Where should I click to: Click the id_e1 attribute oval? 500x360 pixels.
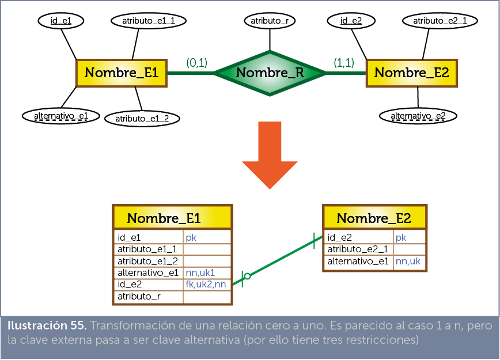[61, 21]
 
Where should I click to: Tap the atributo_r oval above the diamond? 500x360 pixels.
[270, 21]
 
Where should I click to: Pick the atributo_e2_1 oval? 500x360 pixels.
[440, 21]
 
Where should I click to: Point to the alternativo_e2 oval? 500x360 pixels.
[418, 116]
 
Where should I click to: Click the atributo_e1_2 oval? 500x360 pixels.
[142, 119]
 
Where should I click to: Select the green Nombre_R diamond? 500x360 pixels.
[270, 73]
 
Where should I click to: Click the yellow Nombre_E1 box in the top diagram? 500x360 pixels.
[122, 73]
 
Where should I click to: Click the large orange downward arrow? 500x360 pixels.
[269, 154]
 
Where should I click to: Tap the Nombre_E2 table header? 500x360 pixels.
[374, 218]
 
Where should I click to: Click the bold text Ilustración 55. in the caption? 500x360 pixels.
[47, 325]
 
